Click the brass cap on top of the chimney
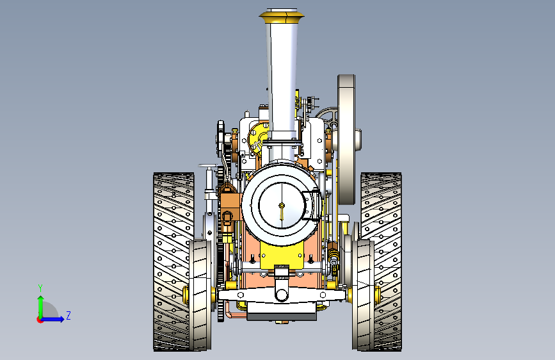[282, 17]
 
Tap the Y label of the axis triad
[40, 288]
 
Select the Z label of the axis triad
[68, 315]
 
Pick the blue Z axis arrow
[53, 319]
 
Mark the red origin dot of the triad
[40, 320]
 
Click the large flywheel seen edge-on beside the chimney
[346, 140]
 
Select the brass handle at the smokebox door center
[282, 211]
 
